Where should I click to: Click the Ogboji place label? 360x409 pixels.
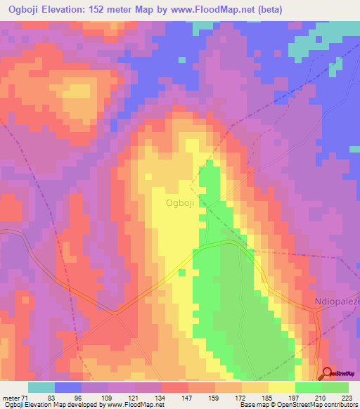(x=179, y=203)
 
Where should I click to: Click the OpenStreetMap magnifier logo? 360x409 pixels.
(x=328, y=374)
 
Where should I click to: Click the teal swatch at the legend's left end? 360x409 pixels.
(x=41, y=387)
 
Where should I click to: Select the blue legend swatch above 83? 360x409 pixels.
(x=68, y=387)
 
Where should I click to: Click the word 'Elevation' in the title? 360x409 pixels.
(x=70, y=10)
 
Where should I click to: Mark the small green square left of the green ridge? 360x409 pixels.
(x=181, y=272)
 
